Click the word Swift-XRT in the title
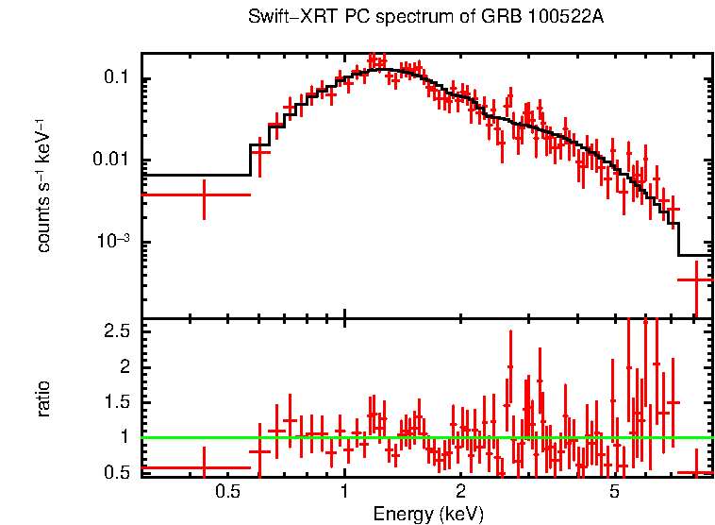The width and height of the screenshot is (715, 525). tap(285, 17)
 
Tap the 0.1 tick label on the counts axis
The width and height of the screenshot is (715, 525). tap(115, 78)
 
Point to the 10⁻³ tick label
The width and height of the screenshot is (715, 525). tap(113, 241)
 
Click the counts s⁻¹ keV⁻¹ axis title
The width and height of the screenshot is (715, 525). tap(44, 185)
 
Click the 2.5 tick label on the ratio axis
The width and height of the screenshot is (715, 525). tap(115, 331)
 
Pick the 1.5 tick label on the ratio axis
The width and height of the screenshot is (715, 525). tap(115, 402)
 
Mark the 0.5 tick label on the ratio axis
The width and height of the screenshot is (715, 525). tap(115, 472)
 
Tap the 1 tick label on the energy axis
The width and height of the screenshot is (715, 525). tap(344, 491)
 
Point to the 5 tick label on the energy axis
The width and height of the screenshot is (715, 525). tap(614, 491)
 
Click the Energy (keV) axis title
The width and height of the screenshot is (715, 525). tap(428, 514)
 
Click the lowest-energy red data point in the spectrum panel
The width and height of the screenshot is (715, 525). tap(204, 195)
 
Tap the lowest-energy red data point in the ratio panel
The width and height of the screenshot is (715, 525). tap(204, 467)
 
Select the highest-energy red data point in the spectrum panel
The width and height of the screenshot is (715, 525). tap(695, 279)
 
